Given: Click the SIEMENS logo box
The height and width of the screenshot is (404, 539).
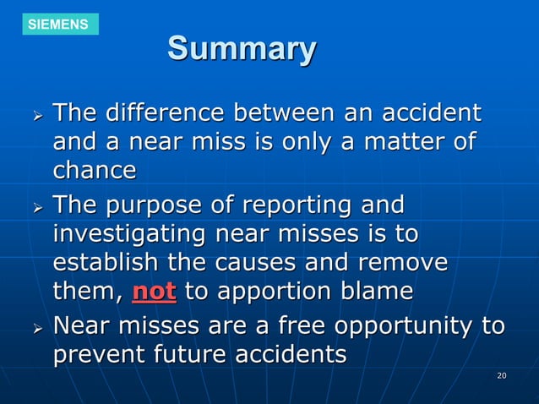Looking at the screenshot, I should point(58,24).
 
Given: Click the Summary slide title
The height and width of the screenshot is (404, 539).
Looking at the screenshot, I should point(242,48).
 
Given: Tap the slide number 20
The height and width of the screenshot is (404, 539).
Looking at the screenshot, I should point(501,374).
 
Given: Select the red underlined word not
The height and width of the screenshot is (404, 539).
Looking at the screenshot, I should point(155,292).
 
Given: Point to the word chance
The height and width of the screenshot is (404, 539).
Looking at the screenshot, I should point(95,170).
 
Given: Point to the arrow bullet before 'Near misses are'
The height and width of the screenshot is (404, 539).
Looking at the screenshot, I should point(33,327).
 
